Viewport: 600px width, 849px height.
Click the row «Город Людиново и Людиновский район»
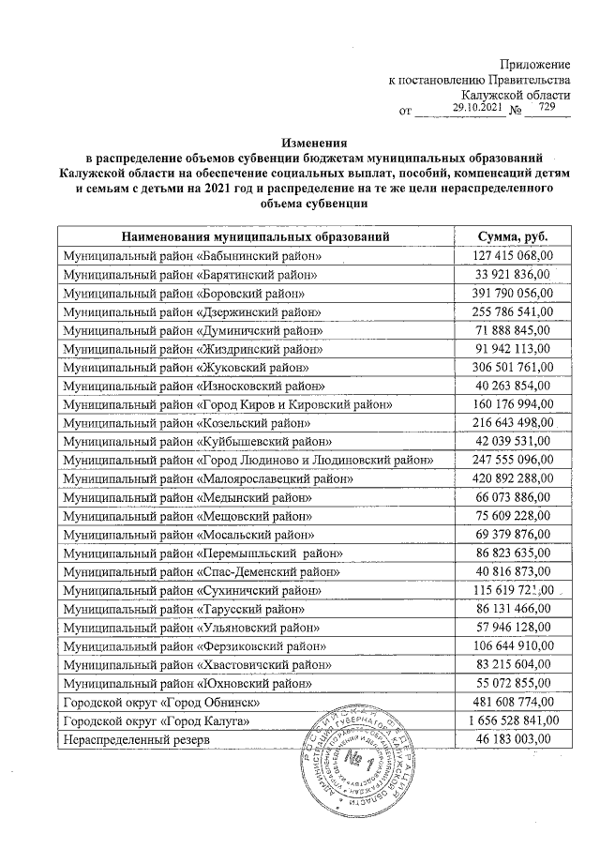(247, 460)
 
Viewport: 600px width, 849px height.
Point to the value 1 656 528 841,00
(507, 720)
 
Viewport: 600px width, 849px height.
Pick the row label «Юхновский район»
(193, 683)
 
